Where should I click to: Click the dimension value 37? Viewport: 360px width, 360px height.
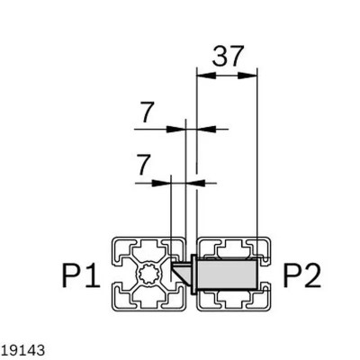(x=227, y=58)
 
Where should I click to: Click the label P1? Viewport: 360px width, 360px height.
(x=80, y=274)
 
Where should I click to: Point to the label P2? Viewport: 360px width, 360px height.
(x=300, y=274)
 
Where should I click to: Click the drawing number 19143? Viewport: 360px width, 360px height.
(x=20, y=346)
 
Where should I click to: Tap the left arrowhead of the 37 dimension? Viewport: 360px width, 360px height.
(x=202, y=76)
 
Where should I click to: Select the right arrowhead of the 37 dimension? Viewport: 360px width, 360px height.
(x=251, y=76)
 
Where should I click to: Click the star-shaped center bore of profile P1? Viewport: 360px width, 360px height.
(x=149, y=273)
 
